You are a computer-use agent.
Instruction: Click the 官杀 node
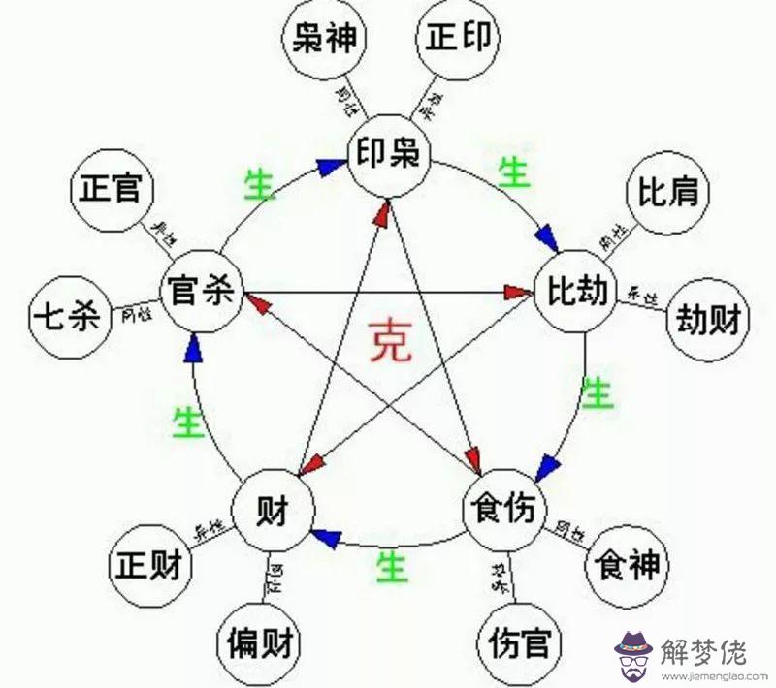[197, 291]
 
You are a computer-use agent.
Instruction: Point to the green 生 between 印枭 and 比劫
[512, 174]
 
